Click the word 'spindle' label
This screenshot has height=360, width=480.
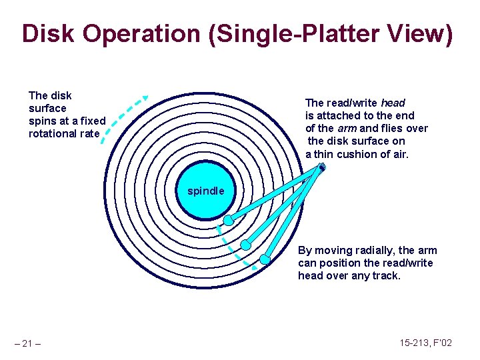click(x=206, y=191)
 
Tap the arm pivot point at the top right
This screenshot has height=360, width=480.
click(x=321, y=167)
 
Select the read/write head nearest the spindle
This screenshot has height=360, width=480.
click(x=228, y=220)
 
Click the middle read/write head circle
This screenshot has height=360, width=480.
click(x=245, y=245)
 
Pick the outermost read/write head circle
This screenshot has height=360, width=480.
click(x=265, y=259)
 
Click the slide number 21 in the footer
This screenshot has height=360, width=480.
click(x=27, y=343)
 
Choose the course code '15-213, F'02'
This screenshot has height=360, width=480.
click(x=426, y=343)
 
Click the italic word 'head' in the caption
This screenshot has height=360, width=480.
click(x=393, y=103)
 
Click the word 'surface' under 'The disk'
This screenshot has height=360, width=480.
click(x=47, y=108)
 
